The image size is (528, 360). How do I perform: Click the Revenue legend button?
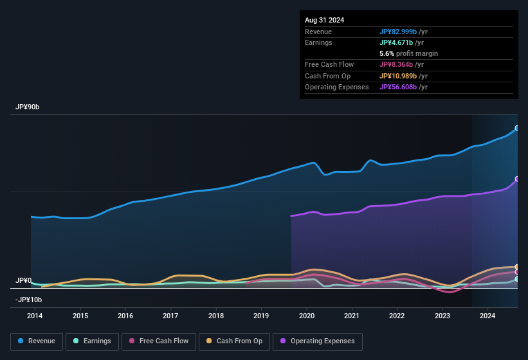coord(37,341)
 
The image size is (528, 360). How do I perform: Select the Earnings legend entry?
coord(92,341)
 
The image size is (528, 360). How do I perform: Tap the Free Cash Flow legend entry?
coord(159,341)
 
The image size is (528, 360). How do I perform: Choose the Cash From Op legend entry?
coord(235,341)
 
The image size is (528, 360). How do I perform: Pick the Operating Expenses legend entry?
coord(318,341)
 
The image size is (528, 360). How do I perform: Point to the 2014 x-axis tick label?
coord(35,316)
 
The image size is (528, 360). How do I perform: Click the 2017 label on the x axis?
coord(170,316)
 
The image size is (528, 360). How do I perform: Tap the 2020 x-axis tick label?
coord(306,316)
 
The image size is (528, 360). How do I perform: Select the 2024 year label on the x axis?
coord(487,316)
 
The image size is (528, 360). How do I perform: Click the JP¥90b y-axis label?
coord(28,107)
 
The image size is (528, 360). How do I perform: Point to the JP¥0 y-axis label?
coord(24,281)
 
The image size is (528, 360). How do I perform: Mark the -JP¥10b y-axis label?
coord(28,300)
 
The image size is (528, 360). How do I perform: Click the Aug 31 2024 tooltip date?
coord(324,20)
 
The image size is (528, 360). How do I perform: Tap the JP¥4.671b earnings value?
coord(400,42)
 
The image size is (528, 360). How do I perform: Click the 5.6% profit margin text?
coord(408,53)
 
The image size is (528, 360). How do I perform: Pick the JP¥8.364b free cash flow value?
coord(400,64)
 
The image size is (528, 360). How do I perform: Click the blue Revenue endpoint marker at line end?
coord(517,129)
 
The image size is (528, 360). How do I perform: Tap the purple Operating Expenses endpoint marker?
coord(517,179)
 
